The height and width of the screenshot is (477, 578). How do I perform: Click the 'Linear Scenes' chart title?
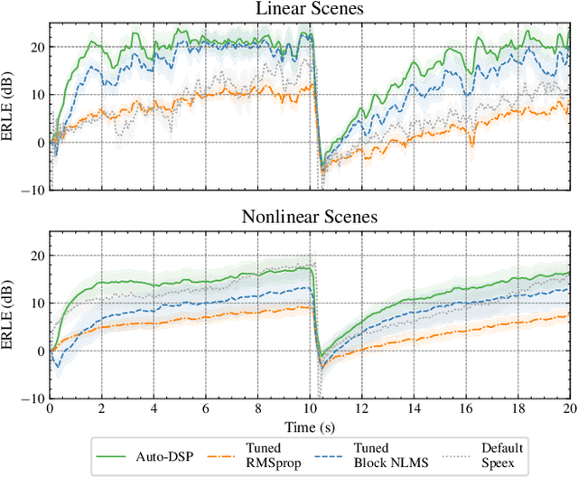[x=309, y=10]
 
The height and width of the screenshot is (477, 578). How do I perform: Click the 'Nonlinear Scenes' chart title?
[x=309, y=217]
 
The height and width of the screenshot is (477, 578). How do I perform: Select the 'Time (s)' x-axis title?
[x=309, y=426]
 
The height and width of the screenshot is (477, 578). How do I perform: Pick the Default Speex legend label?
[x=505, y=454]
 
